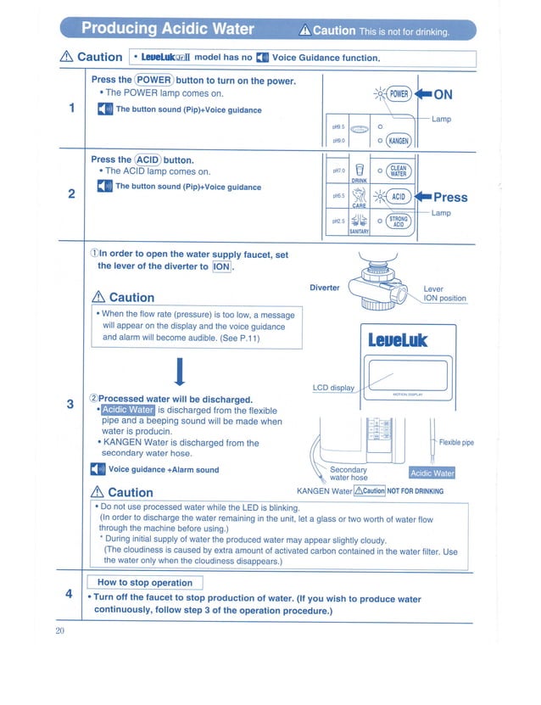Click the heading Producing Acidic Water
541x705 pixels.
[x=167, y=30]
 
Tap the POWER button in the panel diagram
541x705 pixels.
[x=400, y=95]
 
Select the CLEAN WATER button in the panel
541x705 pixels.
[x=399, y=170]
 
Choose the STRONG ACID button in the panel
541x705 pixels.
[x=399, y=222]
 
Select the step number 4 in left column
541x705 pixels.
[x=69, y=593]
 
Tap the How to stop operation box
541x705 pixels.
[x=145, y=582]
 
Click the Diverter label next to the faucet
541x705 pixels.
[x=324, y=288]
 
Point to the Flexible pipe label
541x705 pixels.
[x=456, y=442]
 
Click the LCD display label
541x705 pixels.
[x=333, y=388]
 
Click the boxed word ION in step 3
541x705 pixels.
[x=221, y=267]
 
